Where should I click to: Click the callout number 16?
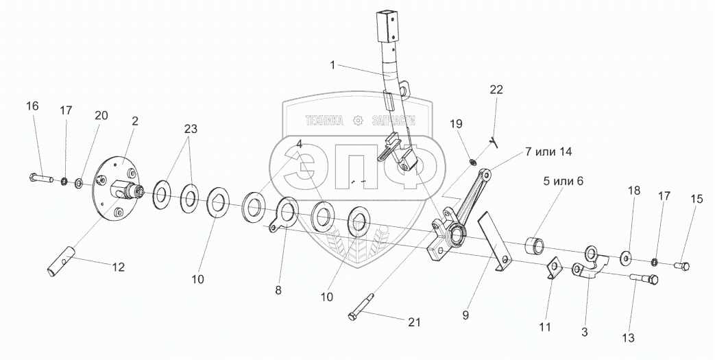(32, 106)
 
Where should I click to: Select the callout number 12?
(119, 267)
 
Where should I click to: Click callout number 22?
(496, 90)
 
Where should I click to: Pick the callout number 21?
(414, 322)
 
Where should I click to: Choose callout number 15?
(696, 199)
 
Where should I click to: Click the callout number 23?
(190, 130)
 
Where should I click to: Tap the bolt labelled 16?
(43, 179)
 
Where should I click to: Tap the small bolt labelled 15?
(681, 265)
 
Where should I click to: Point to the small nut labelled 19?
(472, 162)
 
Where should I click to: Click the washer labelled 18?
(627, 258)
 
